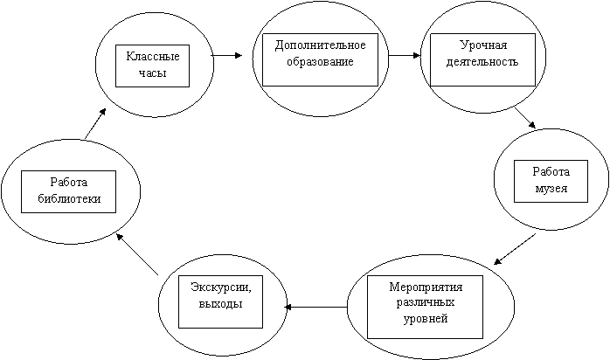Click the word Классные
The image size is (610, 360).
(152, 57)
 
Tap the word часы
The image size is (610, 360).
(152, 73)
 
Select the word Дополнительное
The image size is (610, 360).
(320, 45)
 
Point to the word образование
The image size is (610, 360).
(320, 62)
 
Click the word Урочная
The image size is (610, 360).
(483, 45)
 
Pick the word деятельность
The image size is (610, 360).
(482, 62)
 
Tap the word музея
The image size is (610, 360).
(551, 189)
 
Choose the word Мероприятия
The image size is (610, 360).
(426, 287)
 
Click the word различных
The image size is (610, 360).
(426, 302)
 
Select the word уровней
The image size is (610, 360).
(426, 319)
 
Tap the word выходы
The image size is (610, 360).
(220, 303)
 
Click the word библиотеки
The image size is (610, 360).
(69, 198)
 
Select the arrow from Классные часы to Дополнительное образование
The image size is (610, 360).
(226, 56)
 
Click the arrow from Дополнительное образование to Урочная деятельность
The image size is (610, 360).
(405, 56)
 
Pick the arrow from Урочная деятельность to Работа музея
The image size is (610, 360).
(525, 118)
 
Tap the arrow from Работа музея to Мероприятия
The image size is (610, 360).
(515, 249)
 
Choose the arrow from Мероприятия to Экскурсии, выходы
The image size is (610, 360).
(315, 307)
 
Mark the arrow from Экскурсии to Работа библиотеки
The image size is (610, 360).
(137, 254)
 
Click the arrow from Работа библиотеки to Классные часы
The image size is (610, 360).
(95, 123)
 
